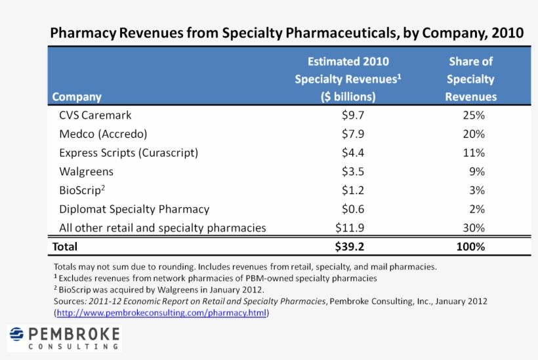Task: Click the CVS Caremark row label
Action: pyautogui.click(x=95, y=115)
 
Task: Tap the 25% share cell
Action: pyautogui.click(x=472, y=115)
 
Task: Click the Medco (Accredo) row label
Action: pyautogui.click(x=103, y=134)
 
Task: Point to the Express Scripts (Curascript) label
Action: pyautogui.click(x=129, y=153)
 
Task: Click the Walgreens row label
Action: pyautogui.click(x=86, y=172)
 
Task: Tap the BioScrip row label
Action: pyautogui.click(x=81, y=190)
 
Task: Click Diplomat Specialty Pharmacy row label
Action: pyautogui.click(x=134, y=209)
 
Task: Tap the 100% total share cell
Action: pyautogui.click(x=470, y=247)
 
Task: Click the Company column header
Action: pyautogui.click(x=77, y=97)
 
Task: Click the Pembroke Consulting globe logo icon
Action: pyautogui.click(x=17, y=336)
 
